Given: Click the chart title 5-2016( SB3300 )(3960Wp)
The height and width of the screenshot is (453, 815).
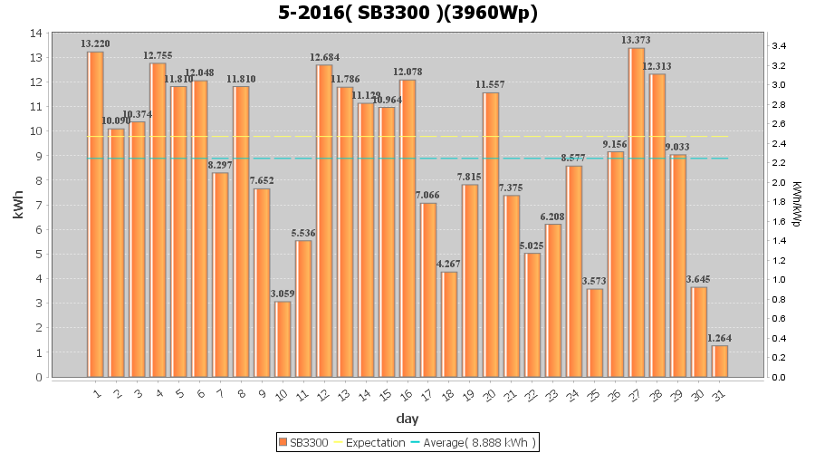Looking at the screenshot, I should click(407, 13).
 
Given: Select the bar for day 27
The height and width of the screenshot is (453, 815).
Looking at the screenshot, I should click(637, 212).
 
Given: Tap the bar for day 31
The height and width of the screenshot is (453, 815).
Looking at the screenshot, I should click(720, 361).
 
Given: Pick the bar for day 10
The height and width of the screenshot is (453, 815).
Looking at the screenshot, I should click(283, 339).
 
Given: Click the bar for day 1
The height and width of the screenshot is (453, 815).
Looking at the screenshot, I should click(95, 214).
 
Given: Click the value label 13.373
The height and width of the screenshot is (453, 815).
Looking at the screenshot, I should click(636, 40).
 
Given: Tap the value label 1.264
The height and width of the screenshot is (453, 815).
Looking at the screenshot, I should click(720, 338).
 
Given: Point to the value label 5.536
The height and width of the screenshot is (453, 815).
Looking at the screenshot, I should click(303, 233).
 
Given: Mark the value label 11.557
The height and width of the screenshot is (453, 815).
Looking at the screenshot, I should click(491, 84).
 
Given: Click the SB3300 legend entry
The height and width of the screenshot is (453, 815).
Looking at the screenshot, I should click(303, 442).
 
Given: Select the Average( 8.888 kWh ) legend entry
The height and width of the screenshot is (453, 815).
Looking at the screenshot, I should click(475, 442).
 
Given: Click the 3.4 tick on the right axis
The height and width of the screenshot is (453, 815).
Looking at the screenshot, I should click(778, 46).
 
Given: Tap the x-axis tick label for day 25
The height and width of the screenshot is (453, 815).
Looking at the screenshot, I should click(594, 392).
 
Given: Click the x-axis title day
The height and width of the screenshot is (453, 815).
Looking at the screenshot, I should click(407, 418).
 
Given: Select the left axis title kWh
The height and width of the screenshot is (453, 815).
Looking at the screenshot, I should click(18, 205).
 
